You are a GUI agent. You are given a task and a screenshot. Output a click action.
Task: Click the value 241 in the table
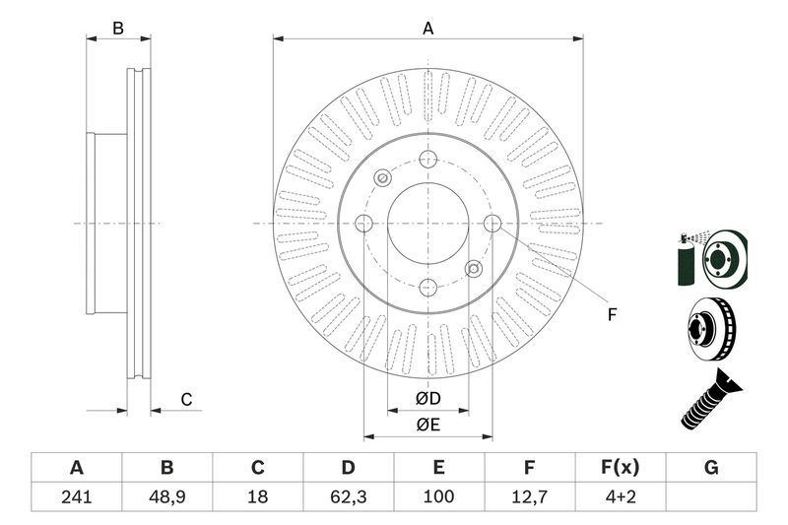pyautogui.click(x=76, y=496)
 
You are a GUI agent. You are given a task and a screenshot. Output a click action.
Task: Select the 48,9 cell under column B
pyautogui.click(x=166, y=496)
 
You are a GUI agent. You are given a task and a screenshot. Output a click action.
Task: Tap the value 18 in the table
pyautogui.click(x=258, y=496)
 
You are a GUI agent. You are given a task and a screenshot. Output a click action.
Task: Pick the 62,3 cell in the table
pyautogui.click(x=349, y=496)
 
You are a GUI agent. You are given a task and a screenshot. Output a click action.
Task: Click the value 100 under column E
pyautogui.click(x=439, y=496)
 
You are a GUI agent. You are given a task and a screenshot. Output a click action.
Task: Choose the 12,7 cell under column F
pyautogui.click(x=530, y=496)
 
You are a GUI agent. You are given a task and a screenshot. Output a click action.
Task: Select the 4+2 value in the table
pyautogui.click(x=621, y=496)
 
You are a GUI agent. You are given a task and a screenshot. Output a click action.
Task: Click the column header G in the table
pyautogui.click(x=711, y=468)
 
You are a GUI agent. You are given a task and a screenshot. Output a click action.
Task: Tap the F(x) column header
pyautogui.click(x=621, y=468)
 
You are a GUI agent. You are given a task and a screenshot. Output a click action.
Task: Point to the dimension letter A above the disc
pyautogui.click(x=427, y=29)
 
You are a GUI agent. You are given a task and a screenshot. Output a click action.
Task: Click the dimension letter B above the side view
pyautogui.click(x=118, y=29)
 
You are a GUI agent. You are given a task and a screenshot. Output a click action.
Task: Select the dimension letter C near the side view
pyautogui.click(x=185, y=399)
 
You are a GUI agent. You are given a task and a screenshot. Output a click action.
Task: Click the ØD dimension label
pyautogui.click(x=427, y=399)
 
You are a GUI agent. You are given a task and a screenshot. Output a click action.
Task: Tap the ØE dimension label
pyautogui.click(x=427, y=425)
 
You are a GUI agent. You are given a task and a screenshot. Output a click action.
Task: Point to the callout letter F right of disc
pyautogui.click(x=611, y=315)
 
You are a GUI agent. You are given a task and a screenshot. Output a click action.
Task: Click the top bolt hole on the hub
pyautogui.click(x=427, y=160)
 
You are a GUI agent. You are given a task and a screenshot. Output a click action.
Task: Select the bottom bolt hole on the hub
pyautogui.click(x=427, y=287)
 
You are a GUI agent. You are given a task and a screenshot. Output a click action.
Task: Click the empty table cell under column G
pyautogui.click(x=711, y=496)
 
